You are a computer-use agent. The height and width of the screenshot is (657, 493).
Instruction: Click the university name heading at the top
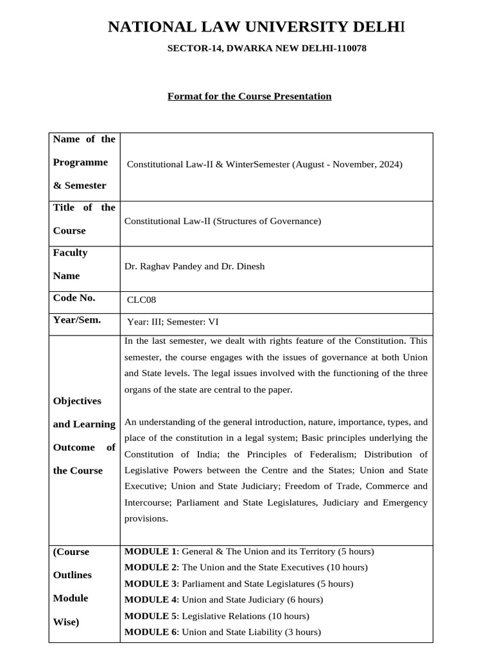click(256, 27)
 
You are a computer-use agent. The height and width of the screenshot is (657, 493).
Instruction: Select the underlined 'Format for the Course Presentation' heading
click(249, 96)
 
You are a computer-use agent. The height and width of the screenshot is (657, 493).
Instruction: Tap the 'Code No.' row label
click(74, 298)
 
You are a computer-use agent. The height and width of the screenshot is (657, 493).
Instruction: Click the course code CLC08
click(141, 299)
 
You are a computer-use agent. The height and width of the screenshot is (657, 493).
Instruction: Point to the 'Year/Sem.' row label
click(77, 320)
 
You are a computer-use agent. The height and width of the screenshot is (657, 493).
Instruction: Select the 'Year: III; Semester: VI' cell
click(173, 322)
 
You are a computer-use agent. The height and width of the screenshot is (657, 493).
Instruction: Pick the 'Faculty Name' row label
click(71, 264)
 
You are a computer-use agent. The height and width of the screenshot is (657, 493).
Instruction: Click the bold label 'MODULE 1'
click(150, 551)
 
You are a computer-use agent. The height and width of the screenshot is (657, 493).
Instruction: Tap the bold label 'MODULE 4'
click(150, 599)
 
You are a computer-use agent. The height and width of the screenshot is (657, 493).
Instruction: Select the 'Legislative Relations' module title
click(222, 616)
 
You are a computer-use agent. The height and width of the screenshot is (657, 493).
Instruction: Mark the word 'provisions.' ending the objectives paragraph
click(146, 518)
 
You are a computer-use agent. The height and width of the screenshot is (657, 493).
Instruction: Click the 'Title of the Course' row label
click(84, 219)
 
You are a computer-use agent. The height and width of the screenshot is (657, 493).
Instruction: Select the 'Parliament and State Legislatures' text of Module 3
click(248, 584)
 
